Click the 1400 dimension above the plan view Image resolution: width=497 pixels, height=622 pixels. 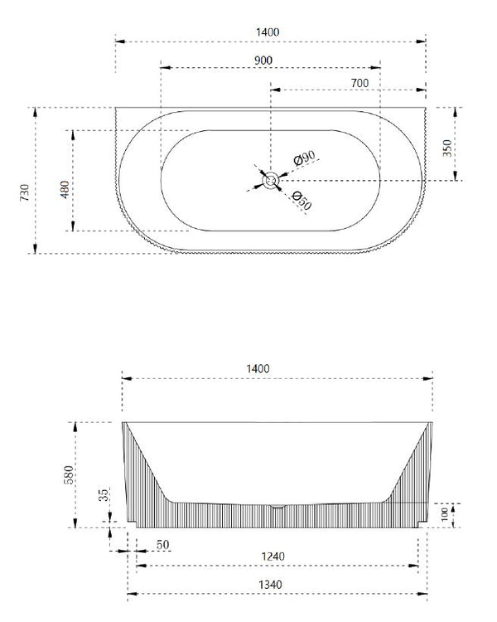coord(268,32)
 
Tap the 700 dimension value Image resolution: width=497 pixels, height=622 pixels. coord(359,83)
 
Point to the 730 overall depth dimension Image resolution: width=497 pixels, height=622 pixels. coord(25,193)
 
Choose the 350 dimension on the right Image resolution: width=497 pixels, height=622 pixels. coord(448,148)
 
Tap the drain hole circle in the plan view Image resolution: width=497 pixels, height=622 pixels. coord(270,179)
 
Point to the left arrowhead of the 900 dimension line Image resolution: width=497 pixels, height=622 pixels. coord(162,68)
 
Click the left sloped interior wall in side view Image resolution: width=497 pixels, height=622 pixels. coord(149,464)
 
